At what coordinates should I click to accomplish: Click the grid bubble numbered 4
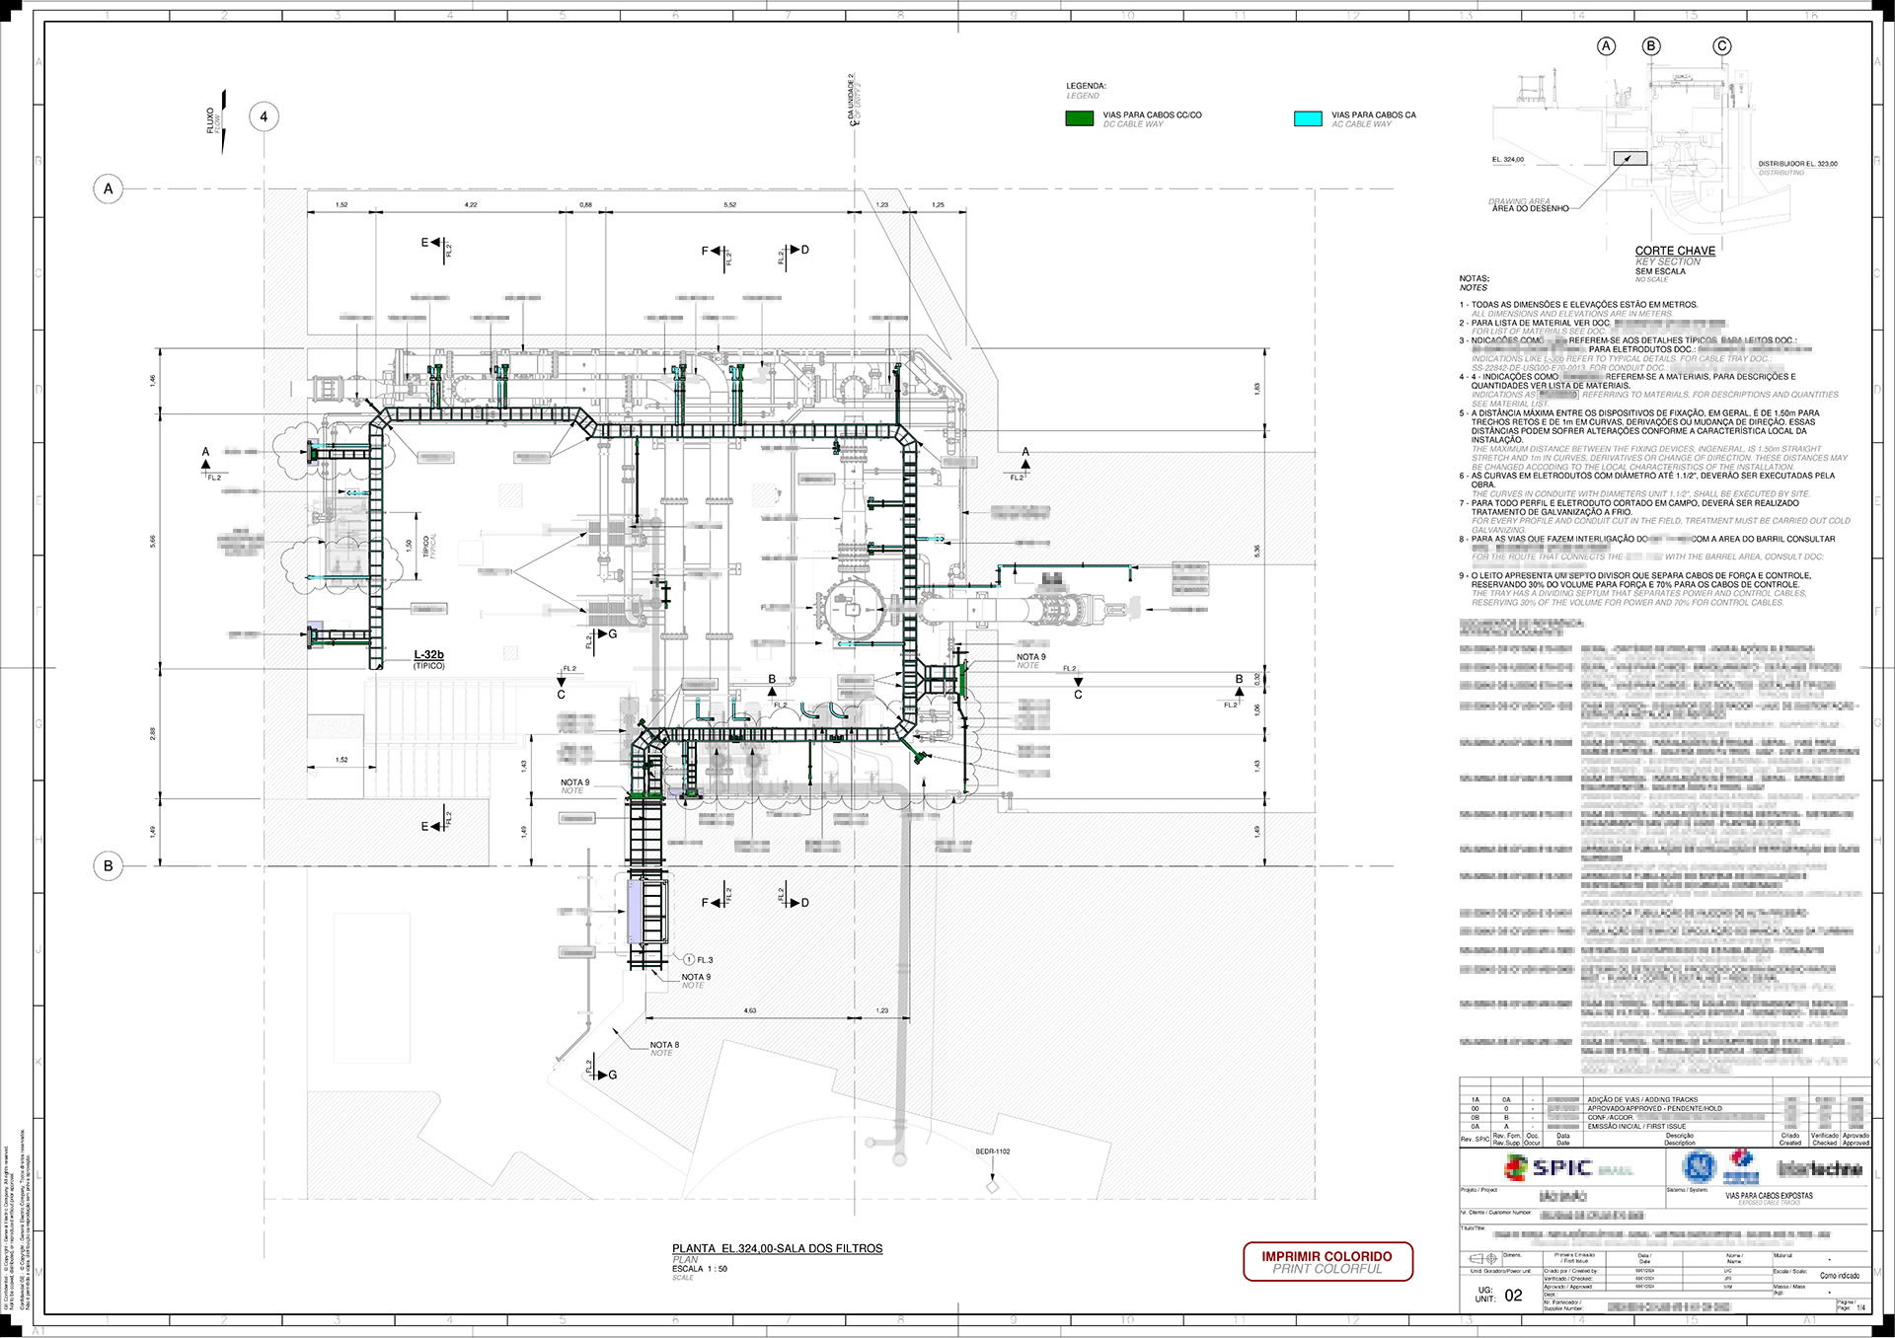pos(264,116)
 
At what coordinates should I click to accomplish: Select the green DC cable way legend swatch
pos(1079,118)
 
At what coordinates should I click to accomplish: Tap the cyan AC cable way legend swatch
pos(1308,118)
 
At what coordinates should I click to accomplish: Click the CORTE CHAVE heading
pos(1675,251)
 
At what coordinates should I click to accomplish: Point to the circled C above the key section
pos(1722,46)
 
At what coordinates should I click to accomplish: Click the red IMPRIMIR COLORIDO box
pos(1327,1261)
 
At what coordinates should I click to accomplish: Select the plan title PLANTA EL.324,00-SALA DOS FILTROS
pos(777,1248)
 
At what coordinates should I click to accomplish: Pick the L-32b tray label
pos(428,655)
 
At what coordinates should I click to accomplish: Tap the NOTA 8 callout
pos(664,1045)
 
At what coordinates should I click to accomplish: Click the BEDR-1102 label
pos(992,1152)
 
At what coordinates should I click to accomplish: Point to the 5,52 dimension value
pos(729,205)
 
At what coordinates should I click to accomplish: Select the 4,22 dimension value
pos(471,205)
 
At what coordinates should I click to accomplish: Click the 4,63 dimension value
pos(750,1010)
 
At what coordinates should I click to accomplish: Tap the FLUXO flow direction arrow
pos(223,120)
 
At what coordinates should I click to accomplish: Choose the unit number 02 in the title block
pos(1513,1296)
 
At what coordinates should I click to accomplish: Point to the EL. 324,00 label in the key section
pos(1507,160)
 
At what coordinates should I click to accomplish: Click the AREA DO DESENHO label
pos(1530,208)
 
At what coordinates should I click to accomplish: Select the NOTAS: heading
pos(1474,279)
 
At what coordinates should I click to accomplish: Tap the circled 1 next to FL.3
pos(689,959)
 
